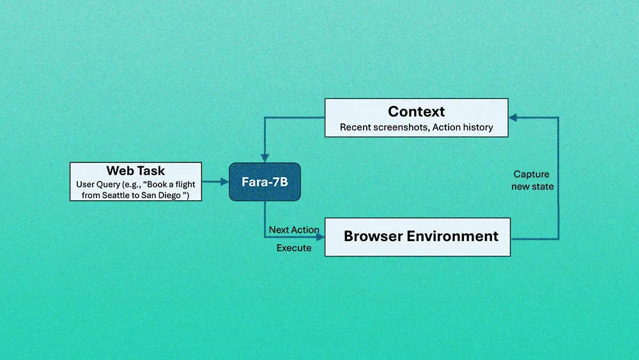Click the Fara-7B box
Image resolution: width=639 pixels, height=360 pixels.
pos(265,182)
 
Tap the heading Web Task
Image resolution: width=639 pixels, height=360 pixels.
pos(135,171)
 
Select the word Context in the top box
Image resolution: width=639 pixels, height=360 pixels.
pos(416,112)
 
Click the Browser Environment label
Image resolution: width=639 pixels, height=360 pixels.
pos(420,236)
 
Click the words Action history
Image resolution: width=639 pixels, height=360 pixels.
pos(463,127)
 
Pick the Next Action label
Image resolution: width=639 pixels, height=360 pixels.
pos(294,230)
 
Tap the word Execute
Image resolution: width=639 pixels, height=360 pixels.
pos(294,247)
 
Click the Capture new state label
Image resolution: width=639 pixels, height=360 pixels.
pos(532,180)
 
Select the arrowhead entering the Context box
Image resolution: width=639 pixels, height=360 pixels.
pos(512,118)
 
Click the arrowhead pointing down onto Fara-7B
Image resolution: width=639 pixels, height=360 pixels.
pos(265,159)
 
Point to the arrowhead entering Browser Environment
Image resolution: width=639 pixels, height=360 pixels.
pos(321,237)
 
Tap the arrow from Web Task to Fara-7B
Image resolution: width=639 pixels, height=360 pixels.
pos(215,182)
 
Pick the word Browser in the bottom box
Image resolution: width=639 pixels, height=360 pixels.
pos(372,236)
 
